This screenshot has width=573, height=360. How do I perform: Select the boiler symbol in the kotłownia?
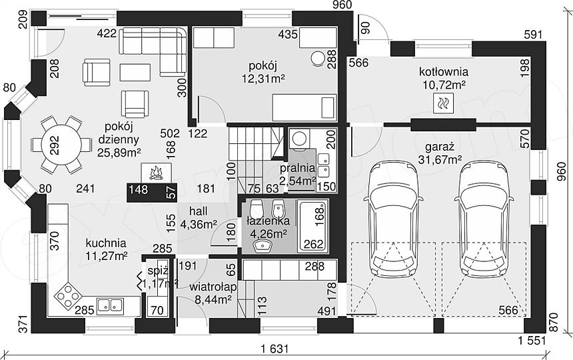tap(444, 103)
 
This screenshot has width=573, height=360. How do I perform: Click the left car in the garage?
tap(393, 219)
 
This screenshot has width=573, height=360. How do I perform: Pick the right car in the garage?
tap(484, 219)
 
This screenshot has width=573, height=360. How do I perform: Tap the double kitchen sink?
tap(111, 305)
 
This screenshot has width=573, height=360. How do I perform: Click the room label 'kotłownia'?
tap(444, 71)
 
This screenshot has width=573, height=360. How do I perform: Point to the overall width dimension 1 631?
tap(275, 349)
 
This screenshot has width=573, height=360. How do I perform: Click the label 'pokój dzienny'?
tap(119, 133)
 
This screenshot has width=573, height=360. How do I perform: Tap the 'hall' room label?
tap(199, 211)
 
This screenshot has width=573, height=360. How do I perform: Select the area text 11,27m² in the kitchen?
tap(107, 255)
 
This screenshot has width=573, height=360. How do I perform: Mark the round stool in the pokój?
tap(318, 59)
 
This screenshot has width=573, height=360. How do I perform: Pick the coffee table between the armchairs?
tap(135, 73)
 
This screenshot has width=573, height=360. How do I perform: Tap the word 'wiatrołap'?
tap(213, 287)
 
